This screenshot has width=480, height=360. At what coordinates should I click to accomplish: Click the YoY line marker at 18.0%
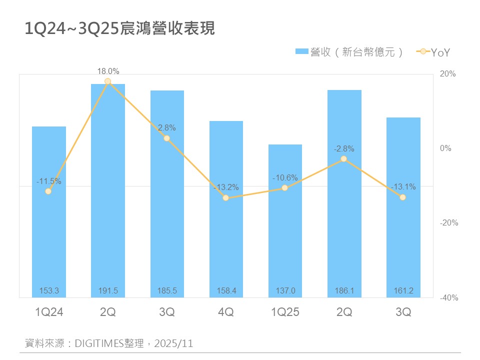pyautogui.click(x=108, y=81)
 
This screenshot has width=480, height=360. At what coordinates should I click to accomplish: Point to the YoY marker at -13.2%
pyautogui.click(x=226, y=198)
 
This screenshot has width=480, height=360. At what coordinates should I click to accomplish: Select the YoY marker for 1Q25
pyautogui.click(x=285, y=188)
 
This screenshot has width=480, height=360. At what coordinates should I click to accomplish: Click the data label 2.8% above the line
pyautogui.click(x=167, y=128)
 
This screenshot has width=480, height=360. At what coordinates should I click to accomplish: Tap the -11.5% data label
pyautogui.click(x=49, y=181)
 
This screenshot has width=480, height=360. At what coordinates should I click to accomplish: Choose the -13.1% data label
pyautogui.click(x=403, y=186)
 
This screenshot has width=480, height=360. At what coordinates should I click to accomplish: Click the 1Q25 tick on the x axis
pyautogui.click(x=285, y=312)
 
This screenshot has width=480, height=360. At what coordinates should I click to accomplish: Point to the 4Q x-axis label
pyautogui.click(x=226, y=312)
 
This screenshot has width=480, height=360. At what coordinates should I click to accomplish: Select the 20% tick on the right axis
pyautogui.click(x=447, y=74)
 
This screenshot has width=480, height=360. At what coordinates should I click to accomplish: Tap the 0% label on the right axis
pyautogui.click(x=445, y=148)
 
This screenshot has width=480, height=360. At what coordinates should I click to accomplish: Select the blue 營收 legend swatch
pyautogui.click(x=302, y=51)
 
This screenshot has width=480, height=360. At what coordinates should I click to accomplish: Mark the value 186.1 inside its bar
pyautogui.click(x=344, y=290)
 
